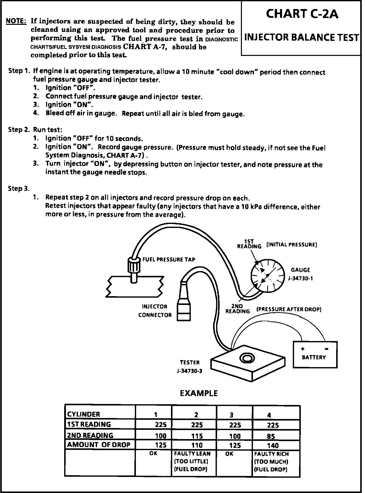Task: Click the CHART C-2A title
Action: pos(302,14)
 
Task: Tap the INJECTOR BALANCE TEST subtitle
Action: pos(302,38)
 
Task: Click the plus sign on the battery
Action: pos(303,349)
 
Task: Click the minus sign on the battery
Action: pos(326,349)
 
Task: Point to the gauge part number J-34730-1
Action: pos(300,278)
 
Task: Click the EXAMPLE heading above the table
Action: pos(199,393)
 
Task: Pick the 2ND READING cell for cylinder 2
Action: pos(197,436)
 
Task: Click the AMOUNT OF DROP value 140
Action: pos(273,445)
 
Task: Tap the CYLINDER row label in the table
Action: pos(83,414)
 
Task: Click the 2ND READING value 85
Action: pos(271,436)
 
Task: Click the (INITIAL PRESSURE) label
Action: pos(292,244)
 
